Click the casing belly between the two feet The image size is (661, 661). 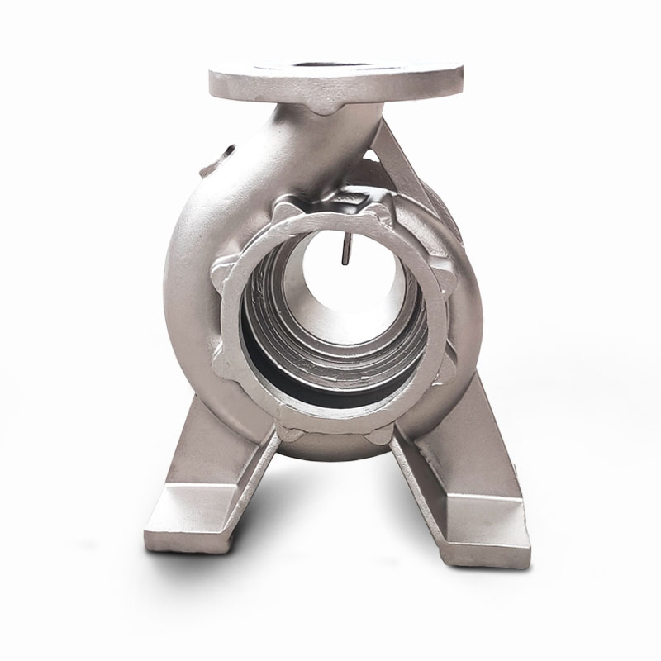[339, 450]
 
